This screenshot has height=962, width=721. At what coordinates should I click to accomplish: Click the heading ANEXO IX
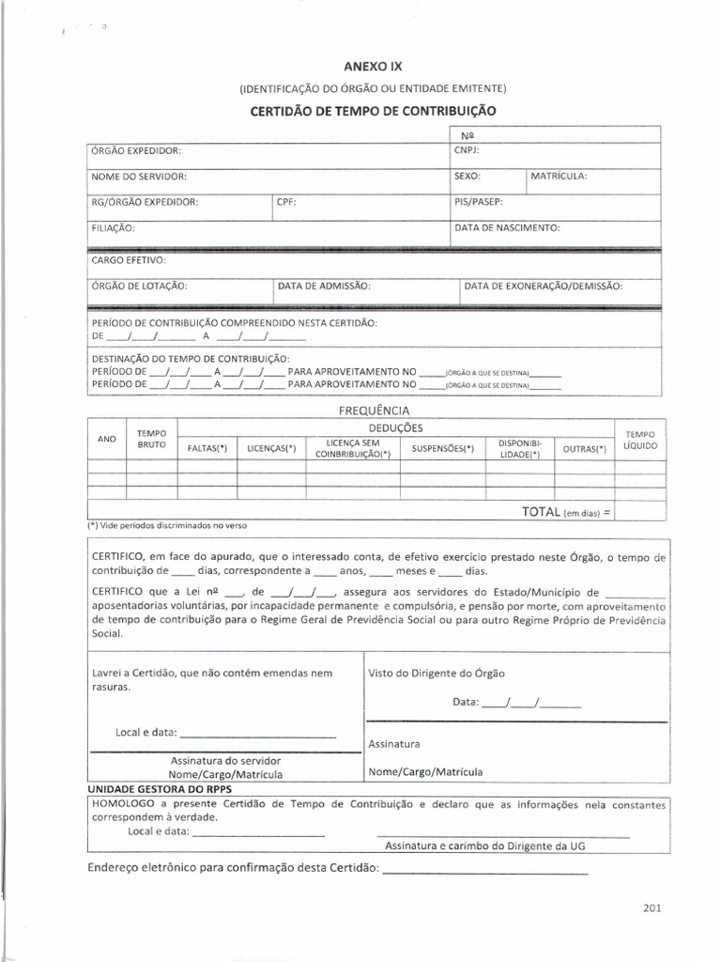[373, 69]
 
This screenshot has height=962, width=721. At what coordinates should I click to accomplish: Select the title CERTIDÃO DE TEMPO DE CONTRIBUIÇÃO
[373, 110]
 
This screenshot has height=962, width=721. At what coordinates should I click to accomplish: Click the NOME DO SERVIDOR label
[139, 177]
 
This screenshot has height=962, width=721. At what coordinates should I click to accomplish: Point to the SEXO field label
[468, 177]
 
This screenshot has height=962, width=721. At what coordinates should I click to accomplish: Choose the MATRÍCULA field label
[559, 177]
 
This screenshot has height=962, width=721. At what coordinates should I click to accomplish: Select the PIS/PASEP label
[479, 201]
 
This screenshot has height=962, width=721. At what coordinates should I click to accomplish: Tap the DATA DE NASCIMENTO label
[507, 227]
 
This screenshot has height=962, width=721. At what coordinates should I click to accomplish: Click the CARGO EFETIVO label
[130, 259]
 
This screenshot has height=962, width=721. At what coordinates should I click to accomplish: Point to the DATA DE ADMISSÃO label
[325, 286]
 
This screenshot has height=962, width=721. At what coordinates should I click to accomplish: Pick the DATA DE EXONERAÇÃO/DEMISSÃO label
[544, 286]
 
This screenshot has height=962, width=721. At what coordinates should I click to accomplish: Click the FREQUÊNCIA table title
[374, 410]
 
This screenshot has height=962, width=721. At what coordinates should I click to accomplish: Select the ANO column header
[107, 439]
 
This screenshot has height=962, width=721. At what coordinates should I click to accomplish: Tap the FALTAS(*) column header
[208, 449]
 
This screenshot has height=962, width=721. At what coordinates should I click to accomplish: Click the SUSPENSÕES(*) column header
[443, 449]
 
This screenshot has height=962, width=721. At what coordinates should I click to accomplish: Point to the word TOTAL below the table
[541, 512]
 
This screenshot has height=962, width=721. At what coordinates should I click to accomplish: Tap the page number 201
[653, 908]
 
